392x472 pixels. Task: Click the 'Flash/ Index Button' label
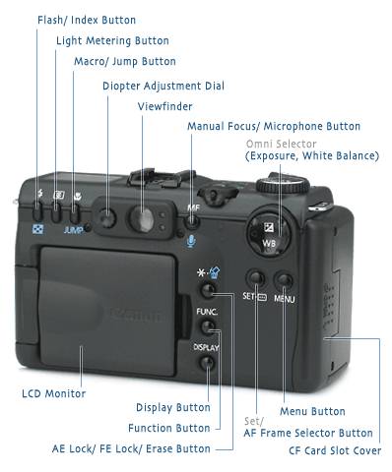tap(87, 20)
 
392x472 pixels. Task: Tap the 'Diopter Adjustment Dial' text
tap(163, 86)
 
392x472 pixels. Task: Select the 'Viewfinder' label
tap(164, 106)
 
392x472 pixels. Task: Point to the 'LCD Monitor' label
tap(53, 393)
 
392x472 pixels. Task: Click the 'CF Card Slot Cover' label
tap(335, 450)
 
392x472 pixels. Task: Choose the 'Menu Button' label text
tap(312, 411)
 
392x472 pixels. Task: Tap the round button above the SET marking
tap(256, 279)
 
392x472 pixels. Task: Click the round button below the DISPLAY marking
tap(207, 363)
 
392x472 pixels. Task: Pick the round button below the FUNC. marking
tap(207, 326)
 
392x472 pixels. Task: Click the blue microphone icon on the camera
tap(191, 241)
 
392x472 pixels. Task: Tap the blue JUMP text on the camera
tap(73, 230)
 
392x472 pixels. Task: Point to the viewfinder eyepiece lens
tap(142, 219)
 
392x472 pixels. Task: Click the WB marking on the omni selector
tap(269, 243)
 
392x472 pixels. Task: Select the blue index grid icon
tap(37, 229)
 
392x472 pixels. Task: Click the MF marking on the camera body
tap(193, 207)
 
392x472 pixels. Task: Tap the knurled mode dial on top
tap(283, 185)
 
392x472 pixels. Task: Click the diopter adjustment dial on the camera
tap(107, 218)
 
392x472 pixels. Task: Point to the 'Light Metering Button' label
tap(112, 40)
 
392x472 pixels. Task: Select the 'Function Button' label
tap(169, 428)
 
